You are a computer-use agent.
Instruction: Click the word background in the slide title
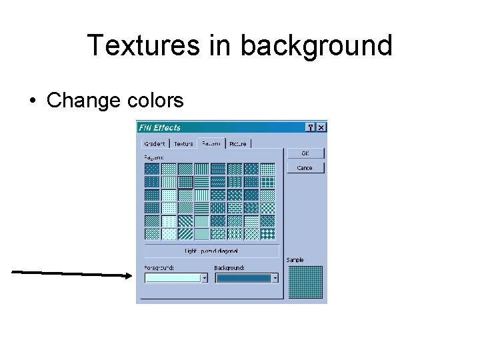point(316,45)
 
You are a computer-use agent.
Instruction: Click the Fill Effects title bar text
point(159,127)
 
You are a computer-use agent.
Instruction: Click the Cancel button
point(305,168)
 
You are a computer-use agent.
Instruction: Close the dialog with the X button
point(321,127)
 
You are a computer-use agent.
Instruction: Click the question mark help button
point(311,127)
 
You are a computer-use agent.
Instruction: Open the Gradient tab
point(155,143)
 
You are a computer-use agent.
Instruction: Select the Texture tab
point(183,143)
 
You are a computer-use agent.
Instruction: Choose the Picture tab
point(237,143)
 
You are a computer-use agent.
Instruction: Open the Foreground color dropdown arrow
point(204,279)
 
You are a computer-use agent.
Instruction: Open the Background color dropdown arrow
point(275,279)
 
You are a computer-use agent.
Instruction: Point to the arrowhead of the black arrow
point(131,274)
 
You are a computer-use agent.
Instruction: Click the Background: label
point(229,268)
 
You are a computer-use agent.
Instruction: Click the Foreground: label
point(159,268)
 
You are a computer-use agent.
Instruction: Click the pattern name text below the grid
point(211,251)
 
